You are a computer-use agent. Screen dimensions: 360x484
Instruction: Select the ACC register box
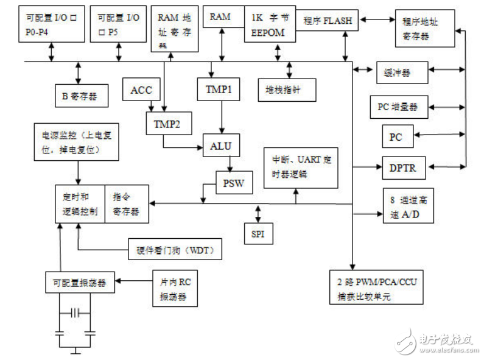pos(141,91)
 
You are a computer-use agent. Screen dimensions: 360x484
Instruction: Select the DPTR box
pos(402,168)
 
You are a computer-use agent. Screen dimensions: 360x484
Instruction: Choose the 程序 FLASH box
pos(328,21)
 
